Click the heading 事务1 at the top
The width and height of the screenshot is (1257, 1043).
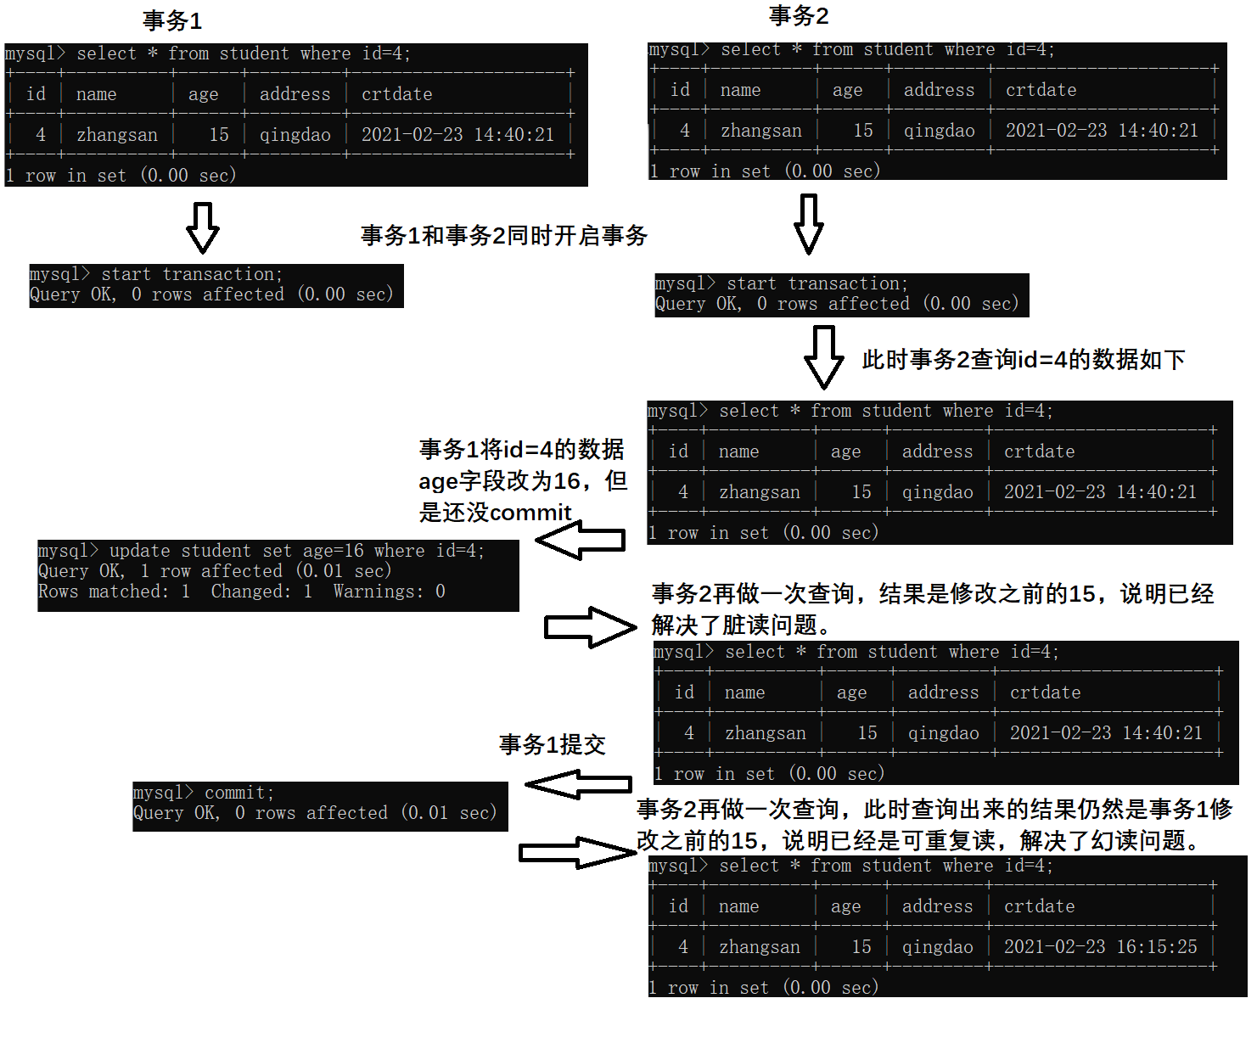(172, 20)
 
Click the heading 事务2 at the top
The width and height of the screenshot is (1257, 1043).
(798, 15)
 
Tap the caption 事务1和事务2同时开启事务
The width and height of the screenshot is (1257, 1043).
(503, 235)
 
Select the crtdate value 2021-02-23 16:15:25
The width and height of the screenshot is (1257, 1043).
(1100, 946)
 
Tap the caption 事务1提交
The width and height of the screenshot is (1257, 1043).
(552, 744)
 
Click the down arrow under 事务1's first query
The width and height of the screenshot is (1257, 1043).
(203, 227)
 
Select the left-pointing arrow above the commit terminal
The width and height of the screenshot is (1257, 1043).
(579, 784)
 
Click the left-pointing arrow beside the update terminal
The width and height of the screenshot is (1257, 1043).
(581, 540)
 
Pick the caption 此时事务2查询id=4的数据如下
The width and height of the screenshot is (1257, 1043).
(1024, 359)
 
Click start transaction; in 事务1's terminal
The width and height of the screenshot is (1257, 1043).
(192, 274)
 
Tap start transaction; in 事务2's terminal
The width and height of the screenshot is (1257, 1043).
(817, 283)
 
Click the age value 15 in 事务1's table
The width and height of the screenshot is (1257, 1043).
(219, 134)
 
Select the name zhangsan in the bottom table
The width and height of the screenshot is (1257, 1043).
(759, 946)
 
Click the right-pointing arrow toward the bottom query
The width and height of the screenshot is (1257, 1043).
(577, 852)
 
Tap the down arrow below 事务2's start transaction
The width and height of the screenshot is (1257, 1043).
(823, 356)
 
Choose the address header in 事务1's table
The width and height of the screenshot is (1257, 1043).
(295, 94)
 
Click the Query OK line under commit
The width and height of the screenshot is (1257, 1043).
(314, 813)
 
